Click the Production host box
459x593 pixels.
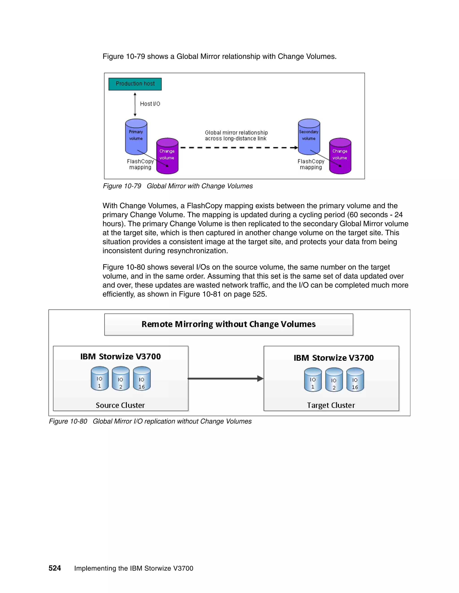[135, 84]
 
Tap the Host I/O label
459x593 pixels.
[150, 104]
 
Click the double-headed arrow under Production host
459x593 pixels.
[135, 105]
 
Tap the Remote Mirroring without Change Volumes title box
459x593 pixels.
[228, 324]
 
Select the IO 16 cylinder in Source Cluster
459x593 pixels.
[142, 379]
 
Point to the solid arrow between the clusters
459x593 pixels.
[225, 378]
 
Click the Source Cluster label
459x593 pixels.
[120, 405]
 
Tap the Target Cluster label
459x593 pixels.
[331, 405]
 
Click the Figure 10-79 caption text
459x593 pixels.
[178, 186]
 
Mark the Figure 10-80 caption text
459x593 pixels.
[150, 421]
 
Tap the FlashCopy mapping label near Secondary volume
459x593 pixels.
[311, 164]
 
